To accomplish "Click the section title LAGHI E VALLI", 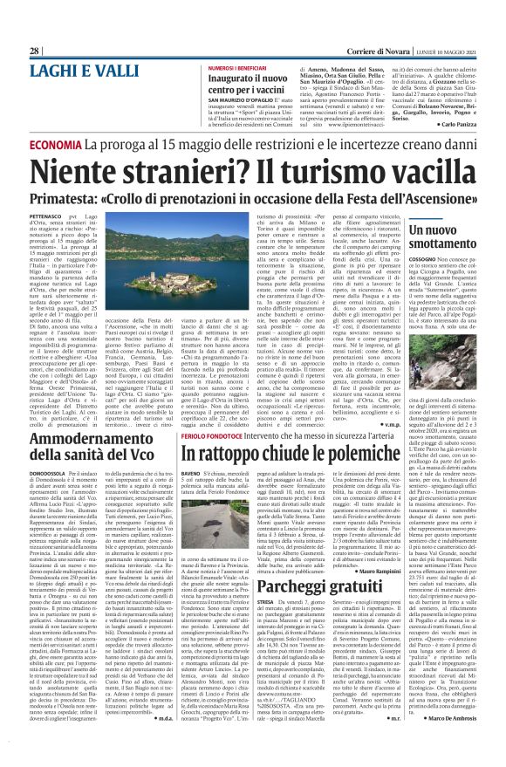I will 80,72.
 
